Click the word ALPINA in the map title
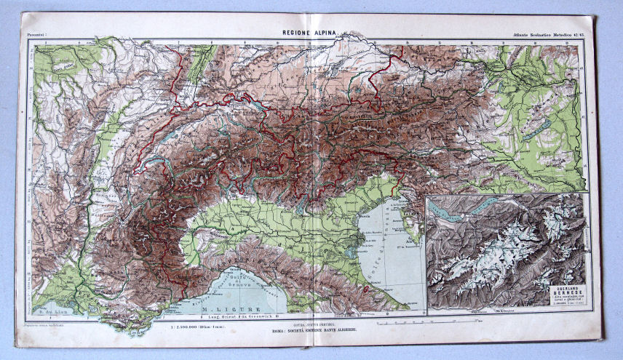click(x=325, y=33)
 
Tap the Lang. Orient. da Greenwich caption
click(x=240, y=316)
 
